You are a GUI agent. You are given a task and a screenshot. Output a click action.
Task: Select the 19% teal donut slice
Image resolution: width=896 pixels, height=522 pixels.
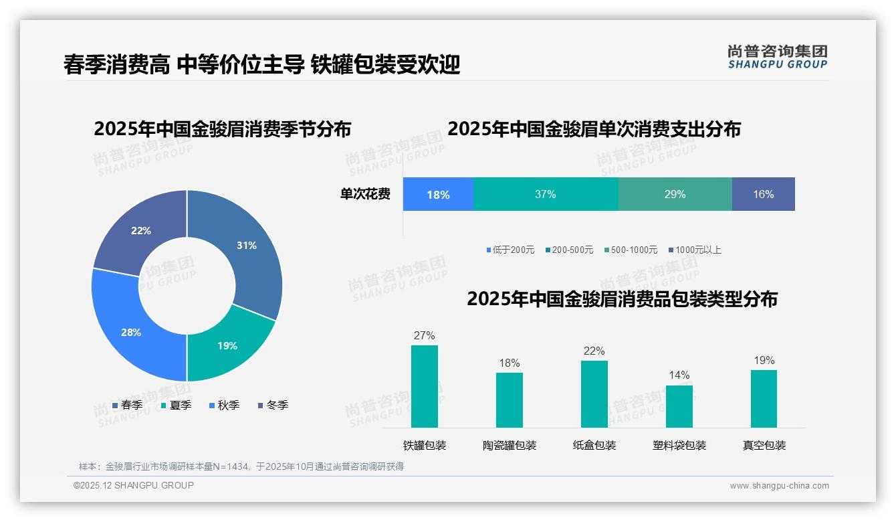point(227,345)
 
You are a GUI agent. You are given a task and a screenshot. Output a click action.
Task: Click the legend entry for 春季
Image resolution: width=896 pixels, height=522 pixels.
point(127,405)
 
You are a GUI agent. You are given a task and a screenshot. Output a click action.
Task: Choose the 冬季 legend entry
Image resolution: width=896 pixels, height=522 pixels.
point(273,405)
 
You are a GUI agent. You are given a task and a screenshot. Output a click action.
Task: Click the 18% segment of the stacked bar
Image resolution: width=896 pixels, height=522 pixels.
point(438,195)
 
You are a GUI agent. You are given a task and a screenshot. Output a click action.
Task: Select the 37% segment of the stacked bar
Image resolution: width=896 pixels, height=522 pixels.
point(546,195)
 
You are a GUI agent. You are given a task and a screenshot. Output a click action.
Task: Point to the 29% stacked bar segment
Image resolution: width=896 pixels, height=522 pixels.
point(675,195)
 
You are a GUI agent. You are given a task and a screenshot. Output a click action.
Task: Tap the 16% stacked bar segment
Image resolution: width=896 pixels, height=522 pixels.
point(763,195)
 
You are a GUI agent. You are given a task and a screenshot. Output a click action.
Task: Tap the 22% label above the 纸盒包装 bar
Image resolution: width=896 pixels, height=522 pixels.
point(594,351)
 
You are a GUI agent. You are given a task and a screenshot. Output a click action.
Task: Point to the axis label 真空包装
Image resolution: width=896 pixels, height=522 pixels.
point(764,445)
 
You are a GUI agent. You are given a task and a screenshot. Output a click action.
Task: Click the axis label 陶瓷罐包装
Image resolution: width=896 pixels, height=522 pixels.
point(510,445)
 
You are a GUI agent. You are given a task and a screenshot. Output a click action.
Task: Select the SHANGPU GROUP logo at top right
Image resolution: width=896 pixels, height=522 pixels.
point(778,57)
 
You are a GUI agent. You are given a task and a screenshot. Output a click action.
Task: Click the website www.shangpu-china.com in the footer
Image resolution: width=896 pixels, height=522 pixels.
point(779,486)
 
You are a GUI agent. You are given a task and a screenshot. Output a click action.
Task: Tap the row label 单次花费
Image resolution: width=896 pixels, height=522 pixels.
point(365,195)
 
